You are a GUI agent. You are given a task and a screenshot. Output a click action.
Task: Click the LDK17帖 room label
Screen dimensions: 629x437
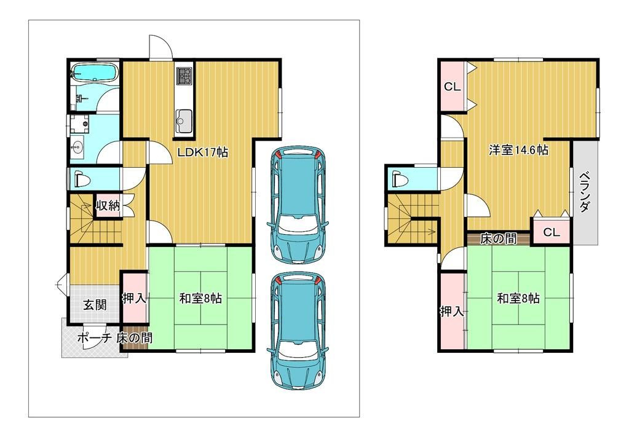[x=203, y=152]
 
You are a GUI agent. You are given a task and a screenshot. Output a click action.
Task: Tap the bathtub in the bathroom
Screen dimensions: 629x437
[x=94, y=73]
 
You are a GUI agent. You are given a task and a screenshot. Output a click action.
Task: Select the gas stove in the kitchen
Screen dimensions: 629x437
[x=184, y=76]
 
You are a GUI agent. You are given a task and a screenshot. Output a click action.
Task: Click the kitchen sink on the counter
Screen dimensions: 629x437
[x=184, y=120]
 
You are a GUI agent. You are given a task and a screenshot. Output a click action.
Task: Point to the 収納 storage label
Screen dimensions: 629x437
[x=108, y=206]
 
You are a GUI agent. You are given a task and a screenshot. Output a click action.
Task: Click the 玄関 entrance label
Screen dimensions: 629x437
[x=95, y=305]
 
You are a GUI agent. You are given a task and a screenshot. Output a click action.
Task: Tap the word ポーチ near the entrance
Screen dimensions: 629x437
[x=94, y=338]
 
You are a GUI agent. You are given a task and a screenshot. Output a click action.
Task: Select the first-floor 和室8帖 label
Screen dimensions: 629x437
[x=200, y=298]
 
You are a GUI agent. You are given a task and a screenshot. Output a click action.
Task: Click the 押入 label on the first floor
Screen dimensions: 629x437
[x=134, y=298]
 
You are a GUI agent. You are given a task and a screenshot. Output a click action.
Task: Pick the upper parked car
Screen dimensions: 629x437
[x=298, y=205]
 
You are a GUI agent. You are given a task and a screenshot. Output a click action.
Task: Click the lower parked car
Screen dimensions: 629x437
[x=298, y=331]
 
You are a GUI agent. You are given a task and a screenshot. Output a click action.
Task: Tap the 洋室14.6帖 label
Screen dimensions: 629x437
[x=518, y=150]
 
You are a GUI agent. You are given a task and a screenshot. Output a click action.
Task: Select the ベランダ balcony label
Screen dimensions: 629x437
[x=585, y=192]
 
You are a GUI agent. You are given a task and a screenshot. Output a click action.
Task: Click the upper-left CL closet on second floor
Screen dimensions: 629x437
[x=452, y=87]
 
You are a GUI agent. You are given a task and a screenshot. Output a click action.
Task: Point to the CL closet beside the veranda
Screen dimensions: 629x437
[x=551, y=232]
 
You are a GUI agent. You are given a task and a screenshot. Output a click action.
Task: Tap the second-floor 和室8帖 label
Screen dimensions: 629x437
[x=518, y=298]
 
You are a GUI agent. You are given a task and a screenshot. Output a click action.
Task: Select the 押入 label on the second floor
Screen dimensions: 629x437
[x=453, y=311]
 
